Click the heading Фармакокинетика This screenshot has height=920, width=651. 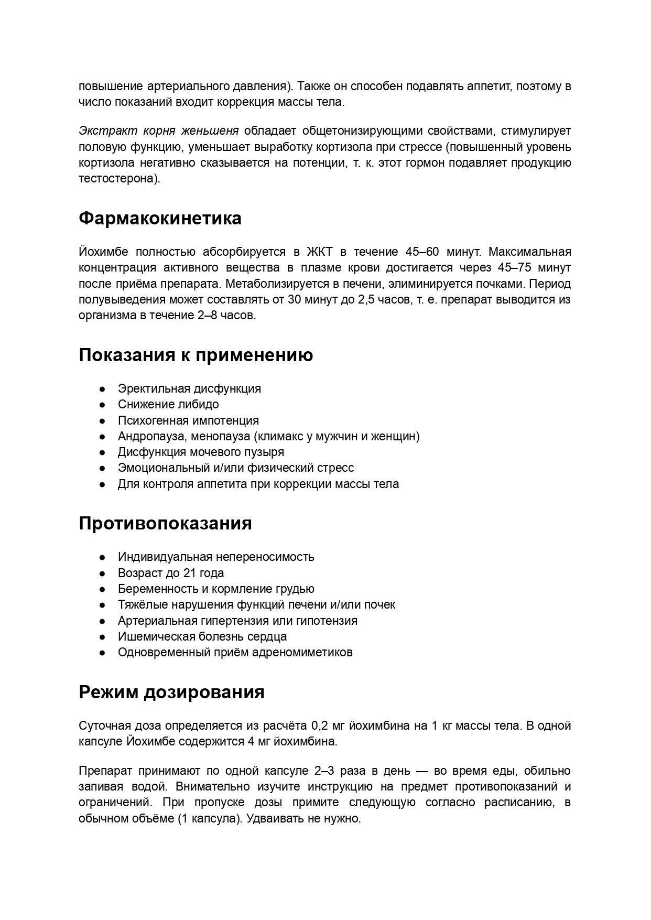160,219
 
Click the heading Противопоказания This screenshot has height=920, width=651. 165,523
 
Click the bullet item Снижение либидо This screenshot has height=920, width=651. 168,404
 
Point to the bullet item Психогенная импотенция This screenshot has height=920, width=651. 188,420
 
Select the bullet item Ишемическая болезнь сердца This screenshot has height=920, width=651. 202,636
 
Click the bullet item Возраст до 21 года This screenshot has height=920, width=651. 171,573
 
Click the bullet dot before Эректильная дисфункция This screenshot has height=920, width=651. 103,389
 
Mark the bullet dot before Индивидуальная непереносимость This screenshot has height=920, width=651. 103,557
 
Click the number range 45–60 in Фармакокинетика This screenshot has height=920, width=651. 422,252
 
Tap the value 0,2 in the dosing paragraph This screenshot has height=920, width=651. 320,726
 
